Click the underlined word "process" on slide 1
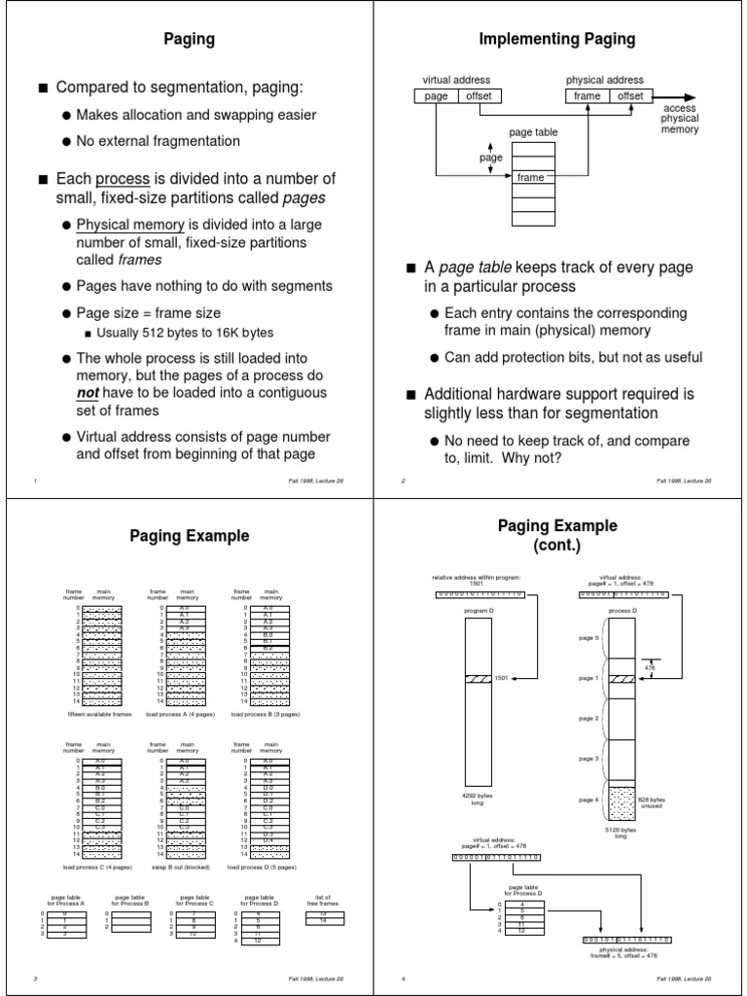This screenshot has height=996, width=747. click(x=123, y=179)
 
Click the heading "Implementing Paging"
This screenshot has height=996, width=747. click(x=557, y=40)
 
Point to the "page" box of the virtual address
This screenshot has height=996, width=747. click(x=437, y=95)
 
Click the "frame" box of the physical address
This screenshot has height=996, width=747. click(x=587, y=95)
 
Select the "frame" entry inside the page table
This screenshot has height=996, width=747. click(x=530, y=178)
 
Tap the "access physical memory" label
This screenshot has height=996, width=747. click(x=680, y=118)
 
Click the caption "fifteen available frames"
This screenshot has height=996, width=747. click(x=97, y=713)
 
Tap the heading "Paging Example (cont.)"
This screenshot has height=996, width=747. click(x=557, y=535)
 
